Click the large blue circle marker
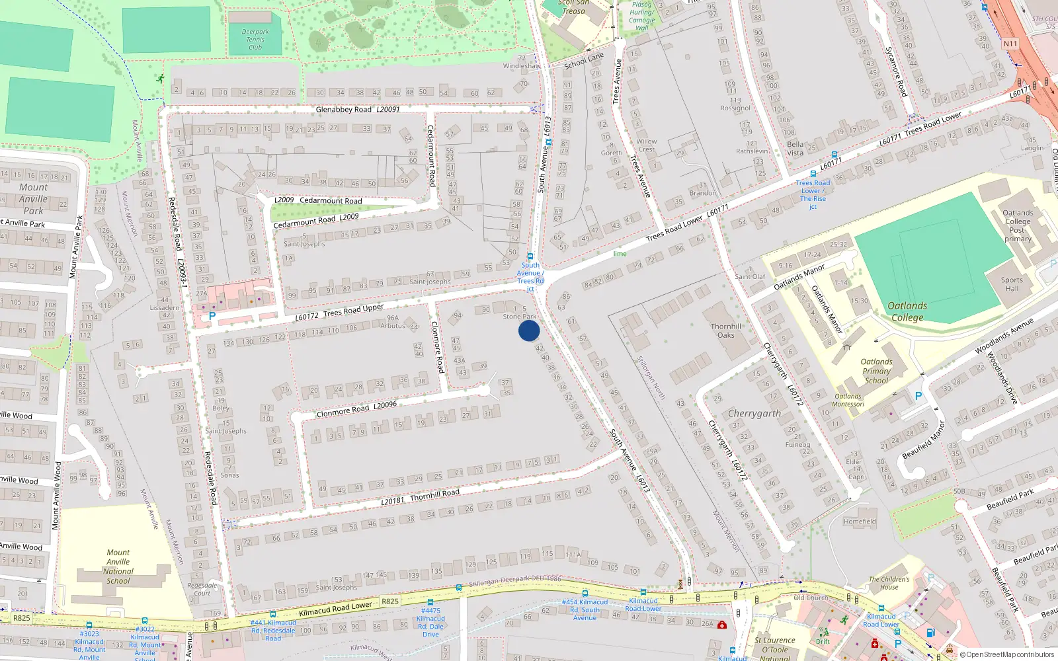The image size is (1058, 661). [529, 330]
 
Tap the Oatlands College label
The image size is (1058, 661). [907, 311]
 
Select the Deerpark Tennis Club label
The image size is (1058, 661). [255, 40]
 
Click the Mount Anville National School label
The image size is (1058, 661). [118, 566]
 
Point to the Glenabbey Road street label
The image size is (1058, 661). [343, 110]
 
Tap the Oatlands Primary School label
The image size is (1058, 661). [876, 371]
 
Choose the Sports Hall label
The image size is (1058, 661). [1012, 284]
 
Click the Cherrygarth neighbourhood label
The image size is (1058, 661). [754, 414]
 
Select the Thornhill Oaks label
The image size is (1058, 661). [726, 330]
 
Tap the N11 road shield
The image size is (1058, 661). [1010, 44]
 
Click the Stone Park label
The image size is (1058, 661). [520, 317]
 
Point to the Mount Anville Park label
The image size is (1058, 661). [33, 199]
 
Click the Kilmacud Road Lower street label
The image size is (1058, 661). [335, 609]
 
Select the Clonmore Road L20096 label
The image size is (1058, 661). [356, 409]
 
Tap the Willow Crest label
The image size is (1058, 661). [647, 145]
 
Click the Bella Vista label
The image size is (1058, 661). [795, 149]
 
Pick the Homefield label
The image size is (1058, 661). [860, 522]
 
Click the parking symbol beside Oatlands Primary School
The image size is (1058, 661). [918, 396]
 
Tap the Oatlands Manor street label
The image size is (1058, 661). [799, 277]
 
